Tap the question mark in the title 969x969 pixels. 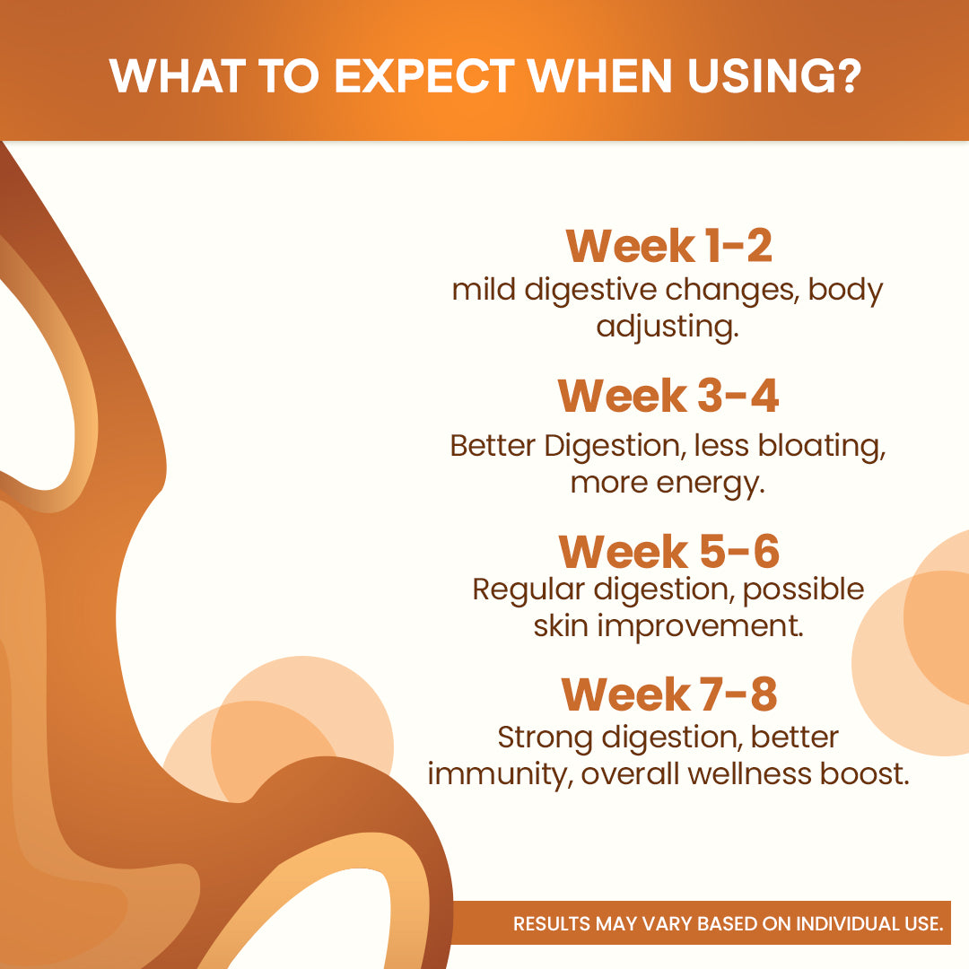coord(844,76)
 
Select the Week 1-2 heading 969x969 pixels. coord(668,246)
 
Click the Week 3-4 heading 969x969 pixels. coord(668,396)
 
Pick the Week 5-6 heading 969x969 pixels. coord(668,551)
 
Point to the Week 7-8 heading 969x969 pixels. coord(668,694)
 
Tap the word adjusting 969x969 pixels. coord(668,327)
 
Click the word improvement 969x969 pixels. coord(700,625)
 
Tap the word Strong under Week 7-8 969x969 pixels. coord(545,738)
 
